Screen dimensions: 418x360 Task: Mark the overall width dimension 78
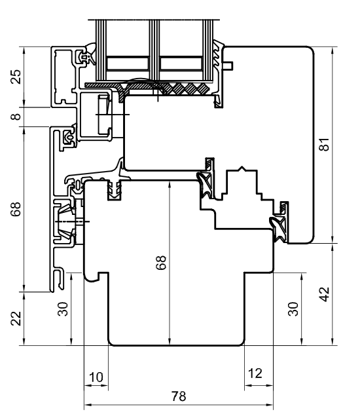[178, 396]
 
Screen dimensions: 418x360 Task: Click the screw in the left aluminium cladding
[70, 223]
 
